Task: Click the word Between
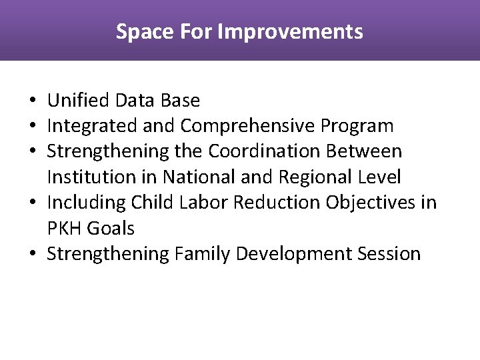coord(364,151)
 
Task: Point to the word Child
coord(153,203)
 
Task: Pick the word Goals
coord(110,229)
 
